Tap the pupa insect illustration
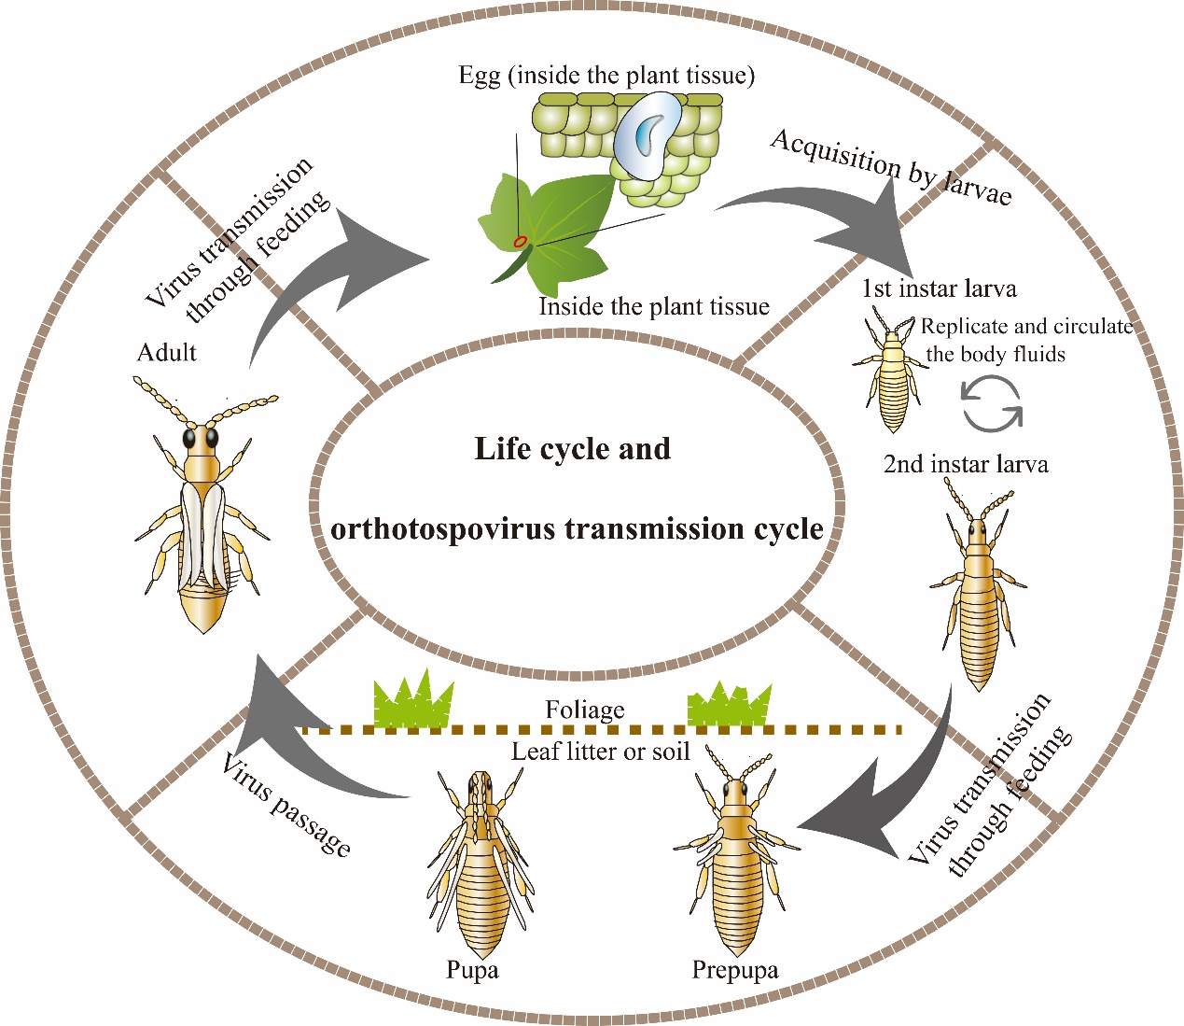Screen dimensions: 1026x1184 480,868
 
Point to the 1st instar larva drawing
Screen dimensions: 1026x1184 892,373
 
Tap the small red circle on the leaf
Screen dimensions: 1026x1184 521,242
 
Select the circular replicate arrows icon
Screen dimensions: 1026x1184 992,404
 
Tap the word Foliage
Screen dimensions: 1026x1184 585,710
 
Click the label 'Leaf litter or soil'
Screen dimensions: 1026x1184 601,752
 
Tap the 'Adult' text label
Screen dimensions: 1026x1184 167,352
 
